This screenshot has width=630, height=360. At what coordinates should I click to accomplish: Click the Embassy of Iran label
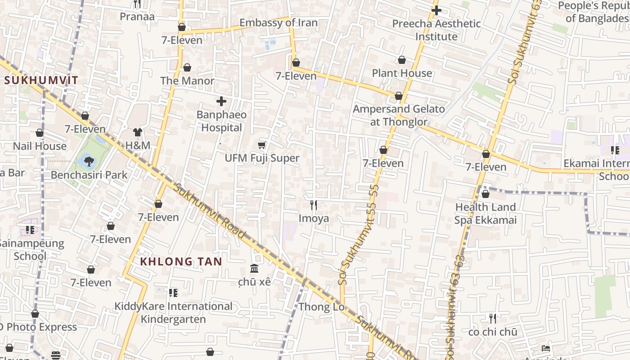[x=278, y=23]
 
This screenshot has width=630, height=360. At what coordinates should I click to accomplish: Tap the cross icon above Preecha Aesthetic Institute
[x=436, y=10]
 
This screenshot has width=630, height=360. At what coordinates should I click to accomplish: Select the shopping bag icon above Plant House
[x=402, y=60]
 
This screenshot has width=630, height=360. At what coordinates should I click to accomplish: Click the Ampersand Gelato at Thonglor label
[x=399, y=115]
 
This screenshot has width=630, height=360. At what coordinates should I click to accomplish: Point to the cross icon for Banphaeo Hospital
[x=221, y=101]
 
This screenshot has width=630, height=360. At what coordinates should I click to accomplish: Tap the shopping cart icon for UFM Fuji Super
[x=261, y=145]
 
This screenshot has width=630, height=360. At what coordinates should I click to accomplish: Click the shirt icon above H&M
[x=137, y=132]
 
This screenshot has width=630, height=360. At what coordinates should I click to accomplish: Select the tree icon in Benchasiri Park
[x=89, y=161]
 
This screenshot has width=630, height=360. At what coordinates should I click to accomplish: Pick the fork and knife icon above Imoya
[x=314, y=205]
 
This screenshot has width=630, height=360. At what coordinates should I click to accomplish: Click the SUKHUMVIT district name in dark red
[x=41, y=81]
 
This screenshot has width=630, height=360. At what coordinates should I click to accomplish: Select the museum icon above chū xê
[x=254, y=269]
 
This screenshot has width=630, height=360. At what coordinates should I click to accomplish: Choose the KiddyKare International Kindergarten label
[x=173, y=313]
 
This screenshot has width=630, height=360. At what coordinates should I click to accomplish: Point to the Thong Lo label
[x=321, y=307]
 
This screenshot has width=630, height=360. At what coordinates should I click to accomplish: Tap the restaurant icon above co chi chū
[x=493, y=319]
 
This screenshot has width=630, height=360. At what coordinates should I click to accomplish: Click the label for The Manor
[x=187, y=81]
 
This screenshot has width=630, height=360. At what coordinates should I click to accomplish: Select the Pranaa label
[x=137, y=17]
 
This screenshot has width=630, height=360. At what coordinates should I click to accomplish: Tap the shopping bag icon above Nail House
[x=40, y=133]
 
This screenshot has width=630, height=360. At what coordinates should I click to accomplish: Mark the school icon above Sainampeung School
[x=30, y=230]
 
